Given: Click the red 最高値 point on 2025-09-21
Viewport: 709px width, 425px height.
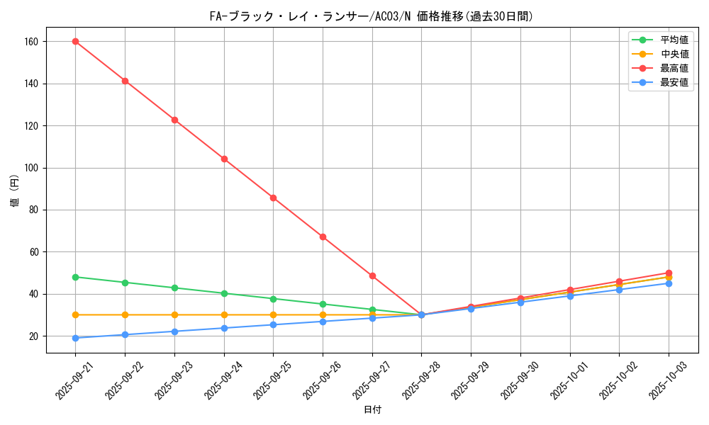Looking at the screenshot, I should (76, 41).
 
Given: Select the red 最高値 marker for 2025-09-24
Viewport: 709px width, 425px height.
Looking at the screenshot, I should (224, 159).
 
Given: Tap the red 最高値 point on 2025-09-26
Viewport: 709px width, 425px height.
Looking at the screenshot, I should (323, 237).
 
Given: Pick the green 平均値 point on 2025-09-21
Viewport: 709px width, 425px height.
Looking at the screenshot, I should (76, 277).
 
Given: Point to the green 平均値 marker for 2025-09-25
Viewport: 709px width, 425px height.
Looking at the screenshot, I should (273, 298).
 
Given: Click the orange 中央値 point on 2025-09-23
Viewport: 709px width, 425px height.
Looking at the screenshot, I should (174, 314).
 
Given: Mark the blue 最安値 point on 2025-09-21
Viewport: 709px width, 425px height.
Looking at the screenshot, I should (76, 338).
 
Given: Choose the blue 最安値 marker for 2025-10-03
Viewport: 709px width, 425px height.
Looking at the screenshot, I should (669, 283).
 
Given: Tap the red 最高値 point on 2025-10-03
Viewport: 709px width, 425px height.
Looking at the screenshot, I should (669, 273).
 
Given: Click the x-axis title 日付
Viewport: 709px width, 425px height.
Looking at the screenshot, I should (372, 410).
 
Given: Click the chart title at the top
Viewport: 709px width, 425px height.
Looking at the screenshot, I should (372, 16).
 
